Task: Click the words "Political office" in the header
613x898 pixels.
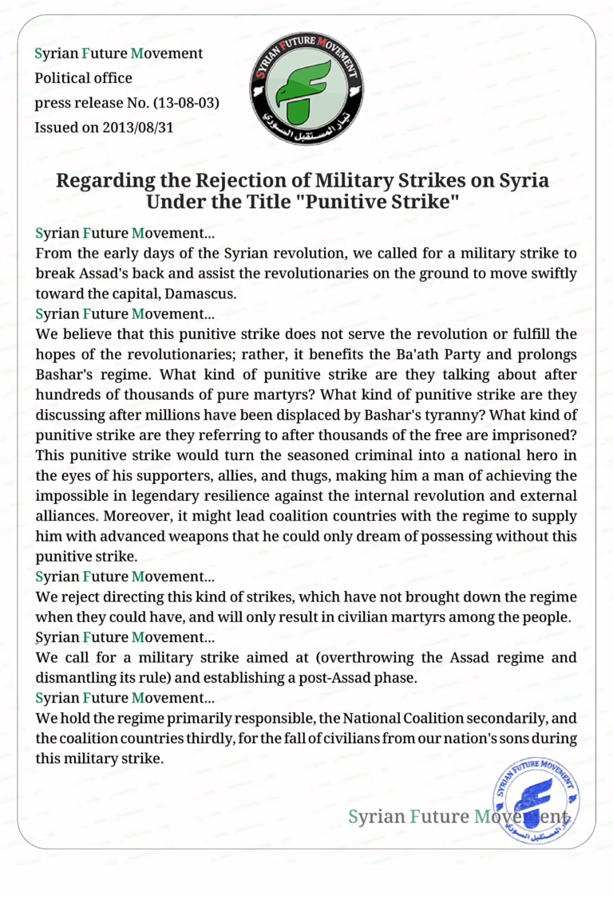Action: point(83,78)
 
